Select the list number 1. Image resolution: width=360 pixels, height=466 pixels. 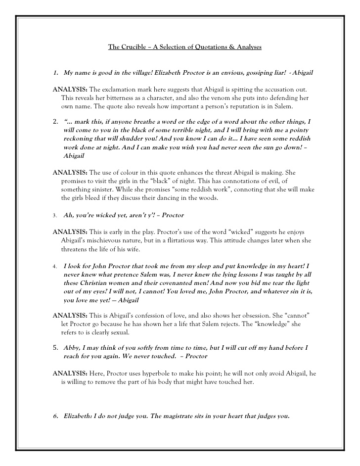coord(55,73)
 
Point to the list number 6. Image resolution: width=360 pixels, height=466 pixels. coord(55,416)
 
